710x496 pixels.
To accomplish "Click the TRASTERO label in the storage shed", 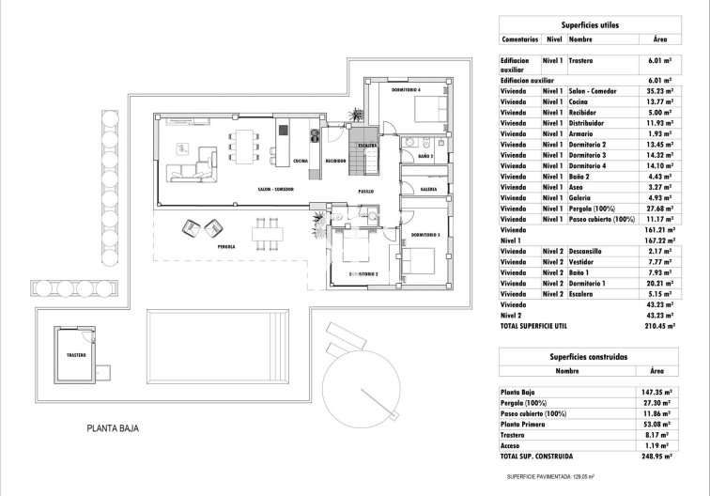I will [76, 356].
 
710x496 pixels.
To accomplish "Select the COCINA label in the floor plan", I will [301, 161].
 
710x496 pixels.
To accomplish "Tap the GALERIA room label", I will [429, 189].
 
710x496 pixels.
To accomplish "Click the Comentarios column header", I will [519, 40].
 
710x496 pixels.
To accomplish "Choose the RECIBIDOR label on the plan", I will [336, 161].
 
